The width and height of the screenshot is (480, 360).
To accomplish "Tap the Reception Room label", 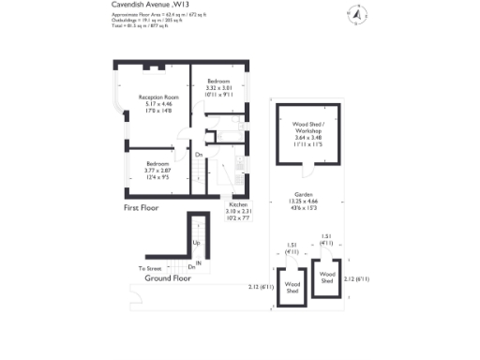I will click(x=158, y=97).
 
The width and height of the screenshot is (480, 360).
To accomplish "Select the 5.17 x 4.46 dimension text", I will click(x=158, y=104).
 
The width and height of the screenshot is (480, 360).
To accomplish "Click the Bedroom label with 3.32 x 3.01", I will click(x=218, y=82).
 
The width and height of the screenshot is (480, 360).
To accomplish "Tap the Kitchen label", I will click(x=238, y=204).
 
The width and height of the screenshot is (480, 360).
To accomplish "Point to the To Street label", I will click(x=151, y=268).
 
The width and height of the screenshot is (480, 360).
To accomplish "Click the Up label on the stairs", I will click(x=196, y=242).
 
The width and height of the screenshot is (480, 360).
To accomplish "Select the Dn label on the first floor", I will click(x=199, y=155).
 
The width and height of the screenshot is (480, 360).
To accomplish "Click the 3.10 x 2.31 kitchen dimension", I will click(x=238, y=211).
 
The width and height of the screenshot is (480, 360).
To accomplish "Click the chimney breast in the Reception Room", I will click(x=150, y=67).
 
